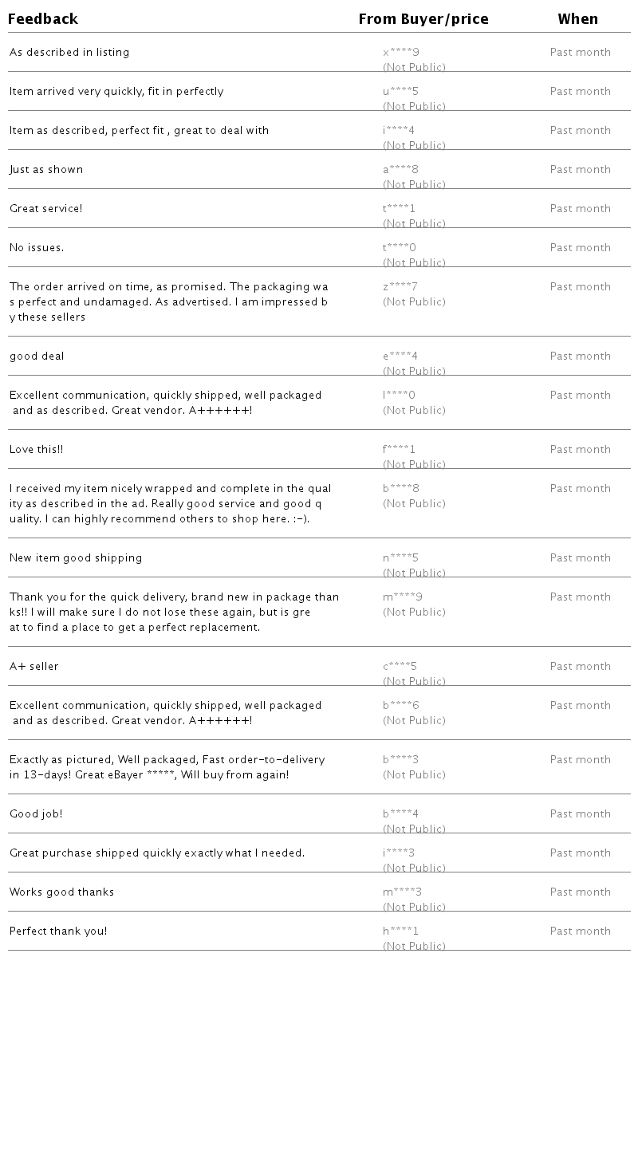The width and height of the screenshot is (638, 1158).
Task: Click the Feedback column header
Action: (43, 19)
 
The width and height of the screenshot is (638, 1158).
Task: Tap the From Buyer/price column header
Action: (423, 19)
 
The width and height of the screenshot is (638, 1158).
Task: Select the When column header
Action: (577, 19)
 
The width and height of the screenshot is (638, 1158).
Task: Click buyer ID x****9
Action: (401, 53)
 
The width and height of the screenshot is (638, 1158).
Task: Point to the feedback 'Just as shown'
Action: (46, 170)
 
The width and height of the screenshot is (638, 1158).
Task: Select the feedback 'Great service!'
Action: (46, 209)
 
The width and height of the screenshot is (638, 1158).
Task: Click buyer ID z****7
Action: (400, 287)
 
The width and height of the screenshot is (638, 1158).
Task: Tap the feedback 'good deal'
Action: (37, 356)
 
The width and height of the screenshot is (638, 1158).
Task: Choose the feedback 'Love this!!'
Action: (37, 450)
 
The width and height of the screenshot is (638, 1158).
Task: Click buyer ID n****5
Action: (400, 558)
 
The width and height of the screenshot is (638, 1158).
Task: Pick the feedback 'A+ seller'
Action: (34, 667)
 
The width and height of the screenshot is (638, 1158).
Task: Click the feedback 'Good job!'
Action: (36, 814)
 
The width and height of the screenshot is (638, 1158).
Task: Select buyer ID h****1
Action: (400, 932)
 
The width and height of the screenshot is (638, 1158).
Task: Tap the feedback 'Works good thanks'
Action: (62, 892)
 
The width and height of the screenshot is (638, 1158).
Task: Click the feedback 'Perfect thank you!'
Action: (58, 932)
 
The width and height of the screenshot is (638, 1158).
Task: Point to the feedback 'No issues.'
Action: (37, 248)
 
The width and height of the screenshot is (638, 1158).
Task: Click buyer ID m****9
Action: (403, 597)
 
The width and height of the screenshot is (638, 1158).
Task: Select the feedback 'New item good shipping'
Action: (76, 558)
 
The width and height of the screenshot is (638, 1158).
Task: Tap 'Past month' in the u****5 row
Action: (581, 92)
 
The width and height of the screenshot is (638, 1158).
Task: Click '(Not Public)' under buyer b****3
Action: (414, 775)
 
